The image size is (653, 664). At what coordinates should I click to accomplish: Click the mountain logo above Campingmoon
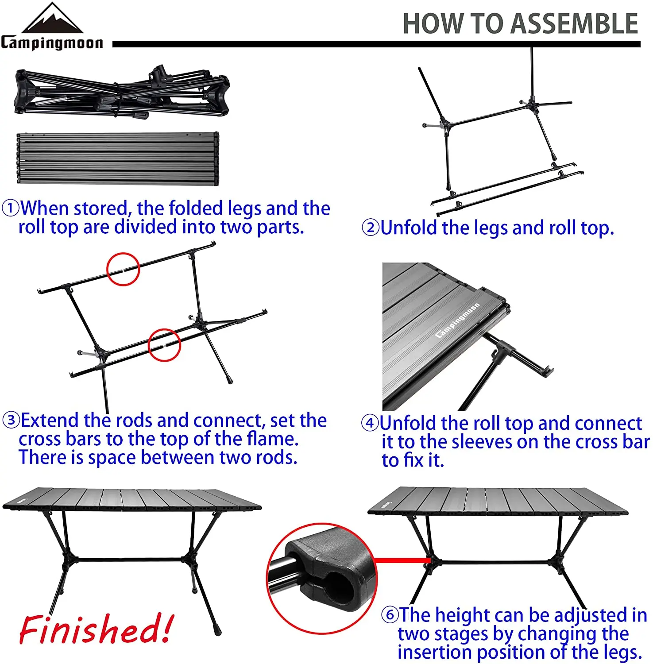(52, 19)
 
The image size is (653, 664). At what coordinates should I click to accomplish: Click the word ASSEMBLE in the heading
(574, 24)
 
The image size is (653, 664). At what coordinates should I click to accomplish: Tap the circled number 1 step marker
(10, 208)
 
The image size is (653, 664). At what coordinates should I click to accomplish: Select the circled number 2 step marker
(371, 228)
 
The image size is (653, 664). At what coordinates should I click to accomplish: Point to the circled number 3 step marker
(11, 420)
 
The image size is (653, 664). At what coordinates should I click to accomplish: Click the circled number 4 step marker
(370, 423)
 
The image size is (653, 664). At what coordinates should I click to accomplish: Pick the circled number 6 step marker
(390, 614)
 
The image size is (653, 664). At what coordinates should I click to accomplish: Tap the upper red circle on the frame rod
(123, 269)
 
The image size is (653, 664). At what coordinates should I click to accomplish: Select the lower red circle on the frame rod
(164, 345)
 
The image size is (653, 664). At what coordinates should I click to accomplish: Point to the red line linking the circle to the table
(403, 560)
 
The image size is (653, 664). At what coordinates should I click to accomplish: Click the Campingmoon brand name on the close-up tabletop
(457, 320)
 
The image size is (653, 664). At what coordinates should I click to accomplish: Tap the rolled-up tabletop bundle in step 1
(118, 158)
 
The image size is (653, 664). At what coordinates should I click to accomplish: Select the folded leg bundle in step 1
(122, 92)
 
